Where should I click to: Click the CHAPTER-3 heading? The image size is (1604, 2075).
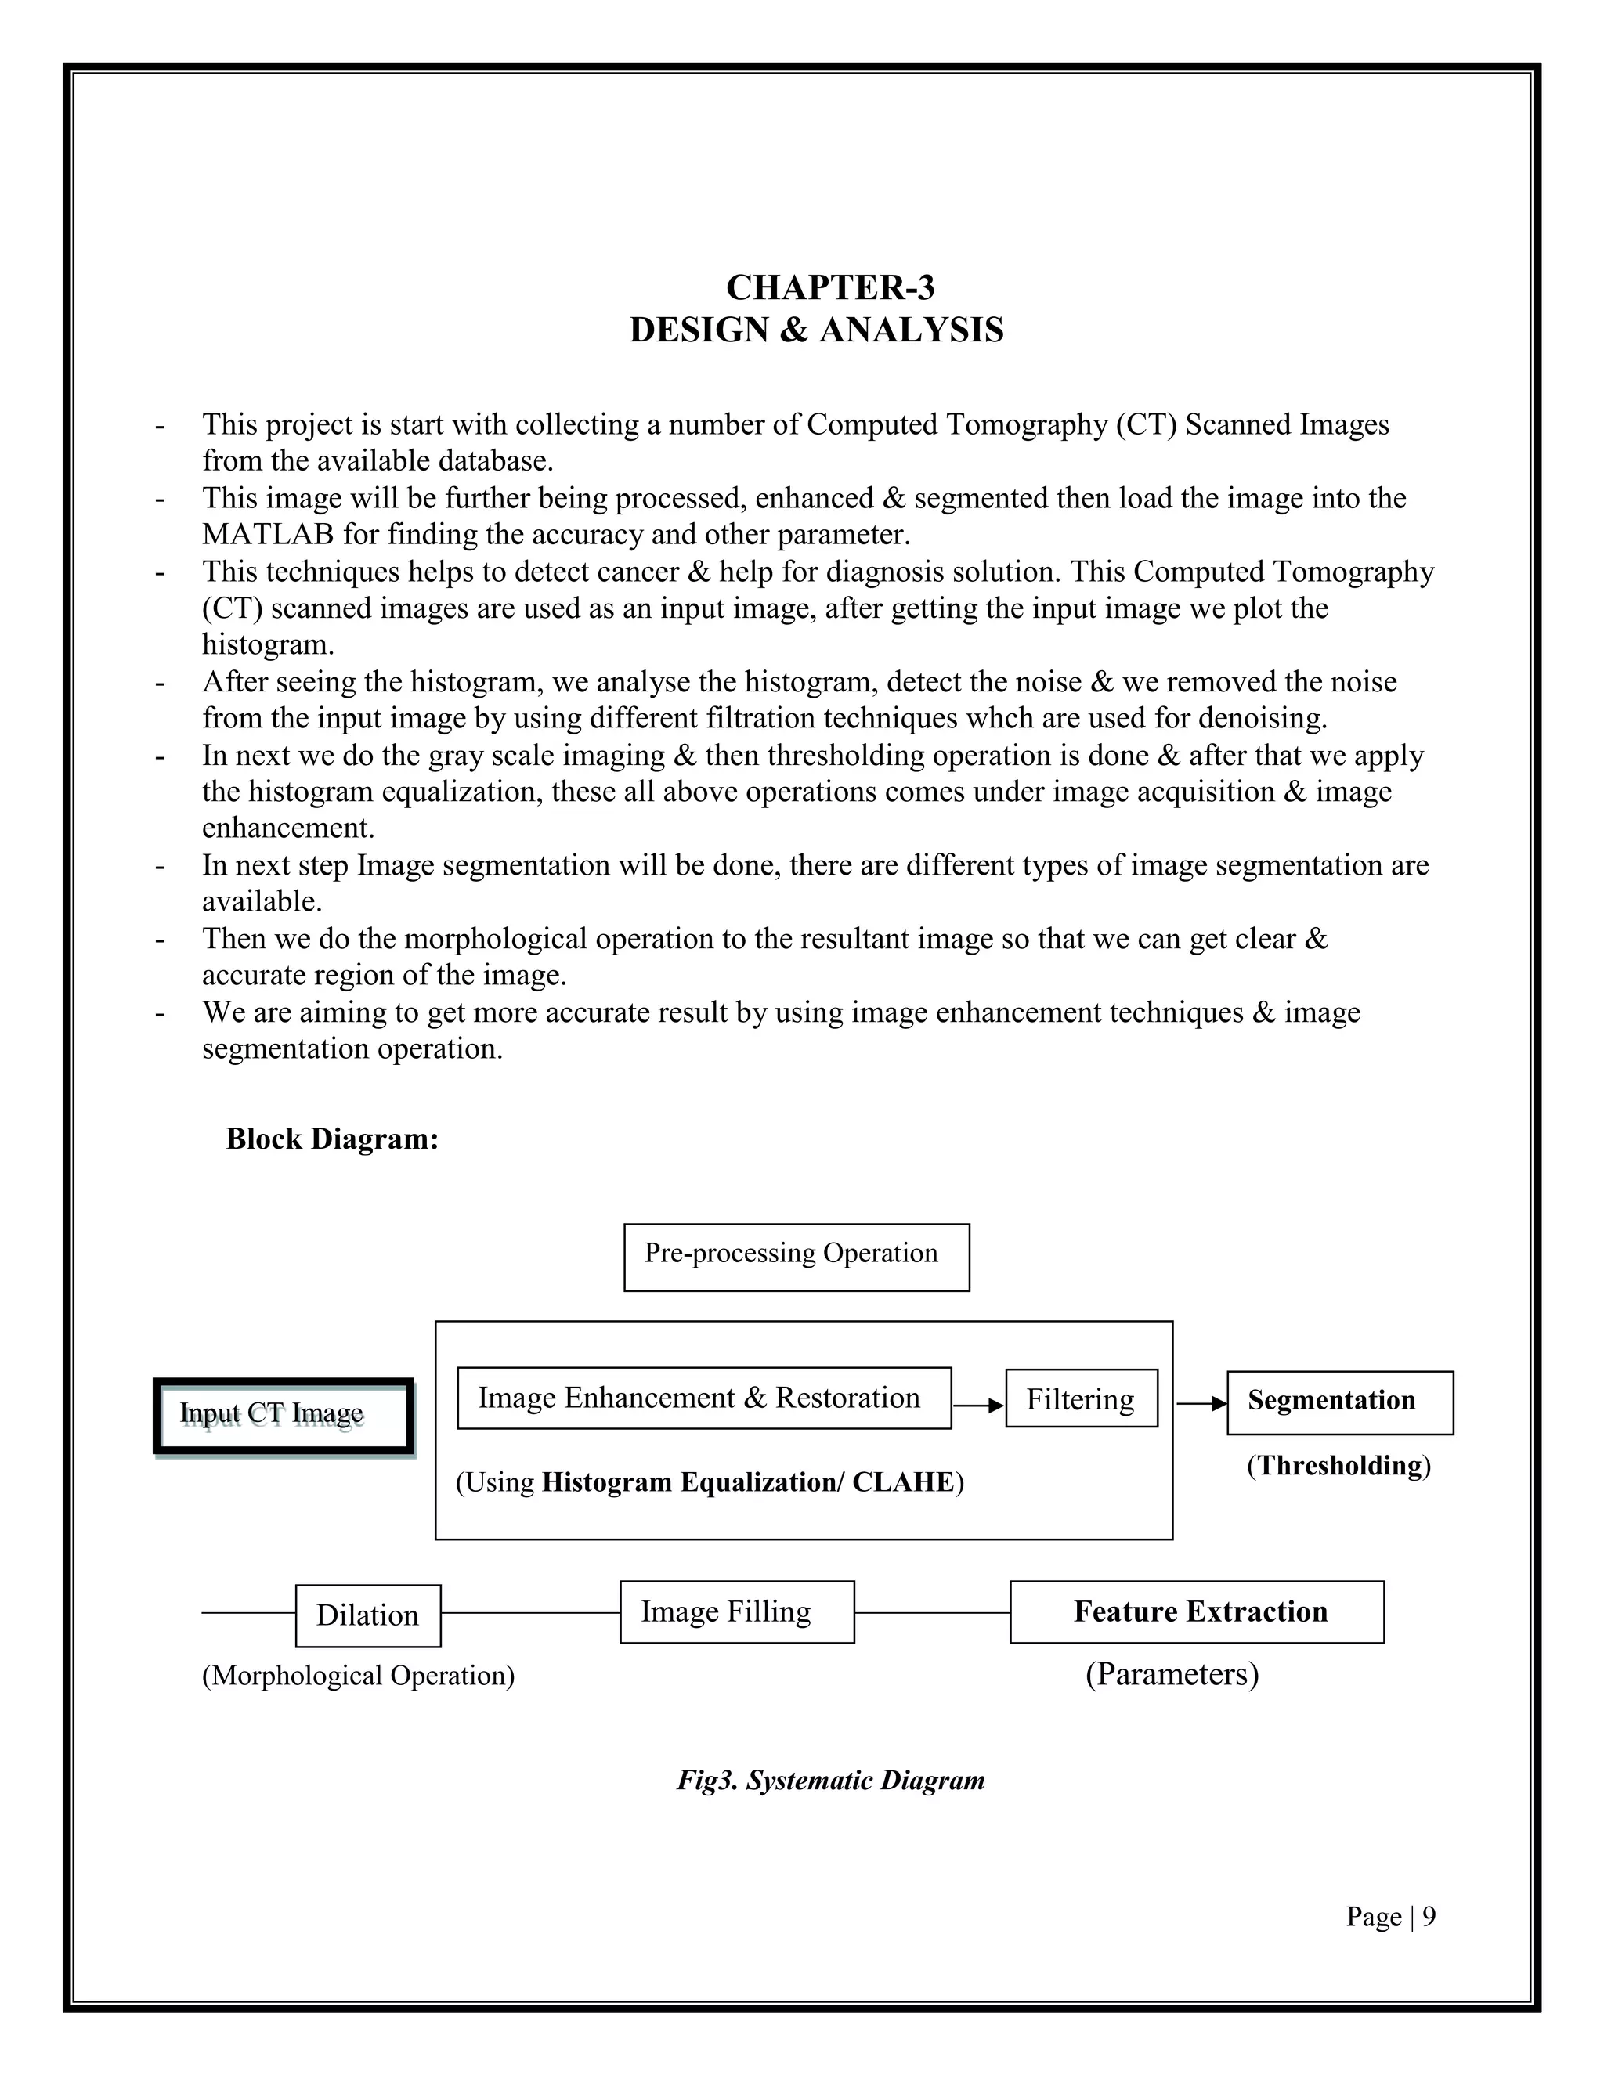pyautogui.click(x=829, y=287)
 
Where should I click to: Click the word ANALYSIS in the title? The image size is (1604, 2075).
pyautogui.click(x=910, y=330)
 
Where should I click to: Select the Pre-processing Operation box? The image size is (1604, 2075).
pyautogui.click(x=797, y=1256)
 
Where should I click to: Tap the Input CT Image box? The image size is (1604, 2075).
pyautogui.click(x=284, y=1416)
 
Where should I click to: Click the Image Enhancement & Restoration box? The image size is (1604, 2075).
pyautogui.click(x=703, y=1398)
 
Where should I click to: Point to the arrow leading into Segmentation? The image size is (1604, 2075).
pyautogui.click(x=1201, y=1403)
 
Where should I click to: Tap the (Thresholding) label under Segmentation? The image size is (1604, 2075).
pyautogui.click(x=1338, y=1466)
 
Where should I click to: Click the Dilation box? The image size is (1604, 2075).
pyautogui.click(x=368, y=1615)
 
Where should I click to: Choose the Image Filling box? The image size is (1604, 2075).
pyautogui.click(x=736, y=1611)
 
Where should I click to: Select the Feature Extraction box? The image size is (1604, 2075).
pyautogui.click(x=1197, y=1611)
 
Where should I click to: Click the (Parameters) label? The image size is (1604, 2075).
pyautogui.click(x=1172, y=1673)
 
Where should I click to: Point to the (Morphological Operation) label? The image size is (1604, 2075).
pyautogui.click(x=358, y=1675)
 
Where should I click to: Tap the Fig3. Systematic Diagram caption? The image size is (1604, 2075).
pyautogui.click(x=829, y=1780)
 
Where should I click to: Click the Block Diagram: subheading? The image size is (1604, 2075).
pyautogui.click(x=331, y=1139)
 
